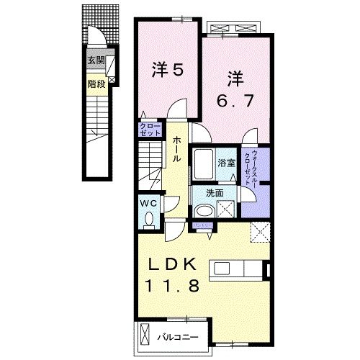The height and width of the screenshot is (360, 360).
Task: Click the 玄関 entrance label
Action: point(95,60)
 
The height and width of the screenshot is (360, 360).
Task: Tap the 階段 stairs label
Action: point(95,83)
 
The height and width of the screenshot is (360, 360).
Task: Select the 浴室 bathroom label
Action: point(227,163)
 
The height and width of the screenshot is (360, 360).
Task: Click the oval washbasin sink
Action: point(204,211)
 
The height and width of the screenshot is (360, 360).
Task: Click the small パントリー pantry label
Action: point(201,225)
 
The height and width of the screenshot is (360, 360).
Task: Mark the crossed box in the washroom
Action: point(228,210)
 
